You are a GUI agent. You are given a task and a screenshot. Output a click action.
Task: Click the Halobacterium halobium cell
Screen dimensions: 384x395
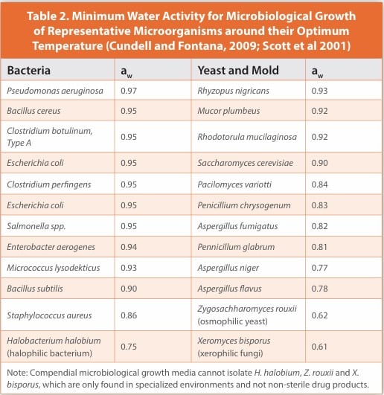tap(50, 339)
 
